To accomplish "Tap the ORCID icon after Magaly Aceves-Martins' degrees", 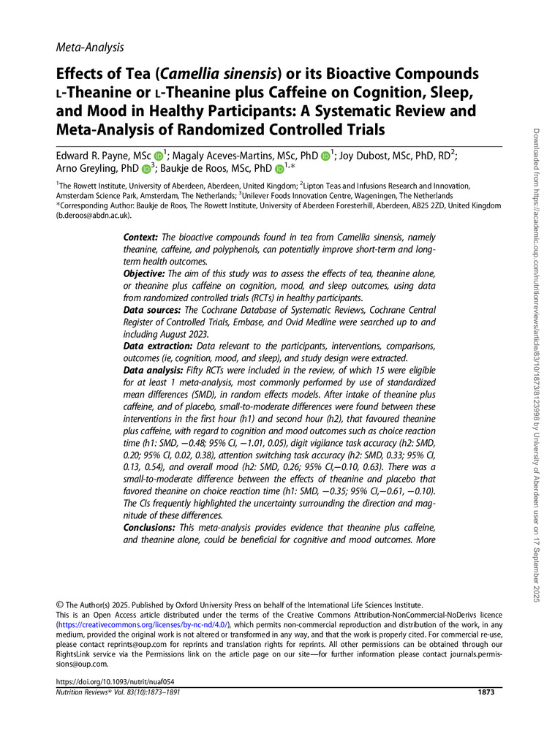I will (x=325, y=155).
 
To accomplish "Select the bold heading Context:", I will (x=142, y=238).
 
